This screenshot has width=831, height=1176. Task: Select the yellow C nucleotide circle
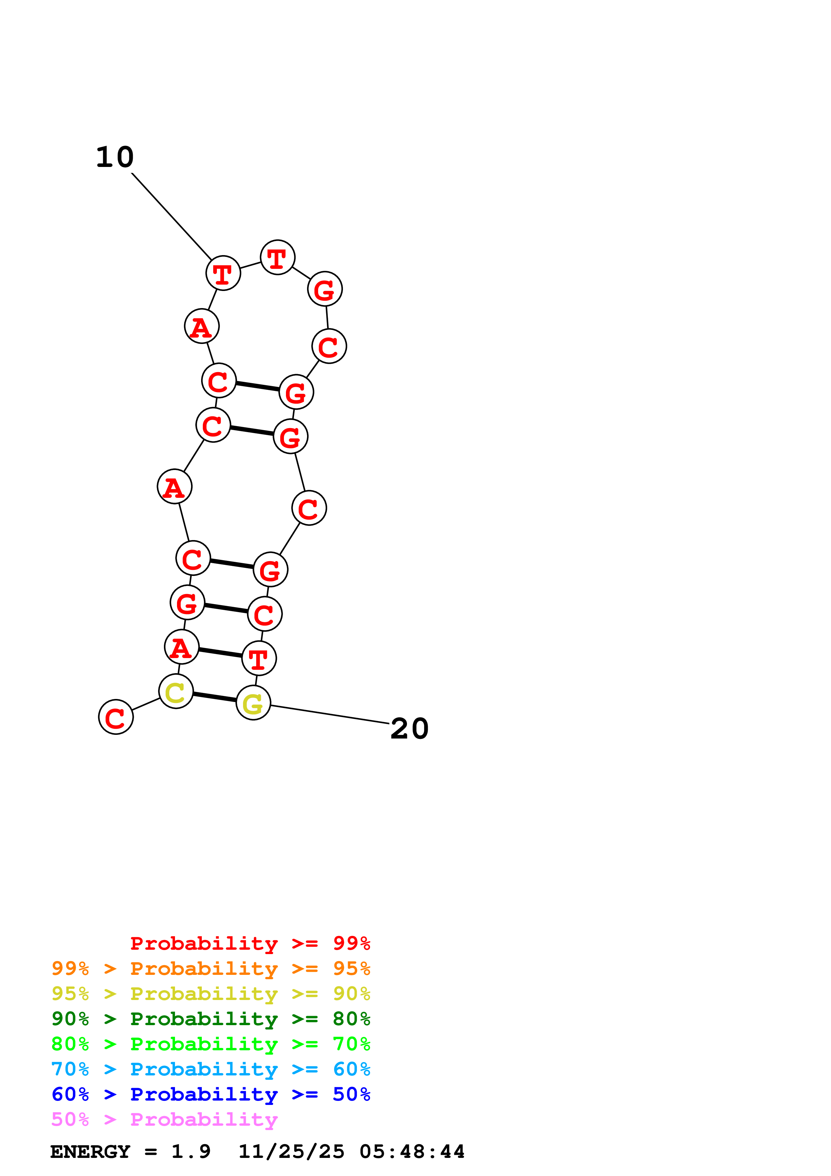176,692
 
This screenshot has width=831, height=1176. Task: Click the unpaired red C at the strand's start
116,717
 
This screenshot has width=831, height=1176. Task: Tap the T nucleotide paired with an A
258,659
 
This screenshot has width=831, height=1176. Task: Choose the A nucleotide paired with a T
181,647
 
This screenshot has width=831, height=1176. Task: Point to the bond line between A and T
220,653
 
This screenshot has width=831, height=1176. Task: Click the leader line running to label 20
330,714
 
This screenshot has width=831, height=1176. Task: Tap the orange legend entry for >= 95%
211,968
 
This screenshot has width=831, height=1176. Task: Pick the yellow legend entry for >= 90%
211,994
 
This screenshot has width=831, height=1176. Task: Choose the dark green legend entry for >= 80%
211,1019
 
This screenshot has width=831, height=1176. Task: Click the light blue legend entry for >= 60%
211,1069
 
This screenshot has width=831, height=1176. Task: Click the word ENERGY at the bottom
90,1152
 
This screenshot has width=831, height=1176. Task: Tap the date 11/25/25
291,1152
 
